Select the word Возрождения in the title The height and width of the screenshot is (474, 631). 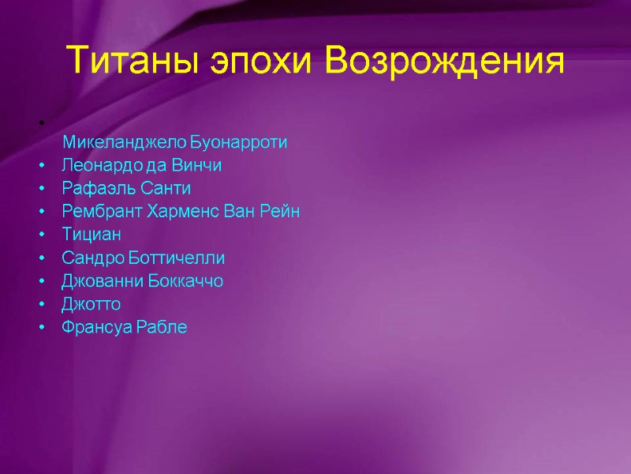click(446, 62)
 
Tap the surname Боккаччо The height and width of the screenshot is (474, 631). click(186, 281)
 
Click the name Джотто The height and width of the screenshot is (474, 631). click(91, 304)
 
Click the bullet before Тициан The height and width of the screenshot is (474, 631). click(39, 235)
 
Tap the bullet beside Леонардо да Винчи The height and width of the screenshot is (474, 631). click(39, 167)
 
